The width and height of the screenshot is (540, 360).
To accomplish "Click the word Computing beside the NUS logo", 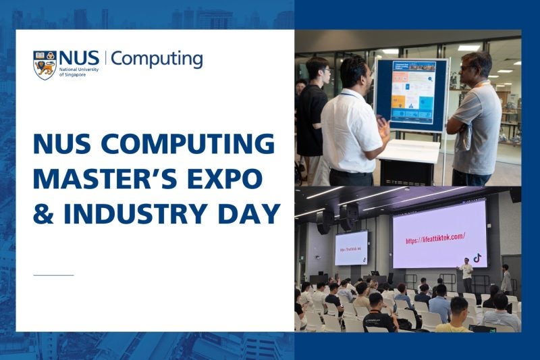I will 157,59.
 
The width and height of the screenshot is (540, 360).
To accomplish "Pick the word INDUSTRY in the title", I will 137,213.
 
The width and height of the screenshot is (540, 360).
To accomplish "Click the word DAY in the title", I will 249,213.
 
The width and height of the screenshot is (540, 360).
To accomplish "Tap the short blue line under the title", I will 53,275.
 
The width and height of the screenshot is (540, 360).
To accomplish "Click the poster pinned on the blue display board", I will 413,93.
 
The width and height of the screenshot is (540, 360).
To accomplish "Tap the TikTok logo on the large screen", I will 477,257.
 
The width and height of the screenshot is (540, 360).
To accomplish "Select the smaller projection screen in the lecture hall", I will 351,249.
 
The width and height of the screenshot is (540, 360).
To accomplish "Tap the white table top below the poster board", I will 408,148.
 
